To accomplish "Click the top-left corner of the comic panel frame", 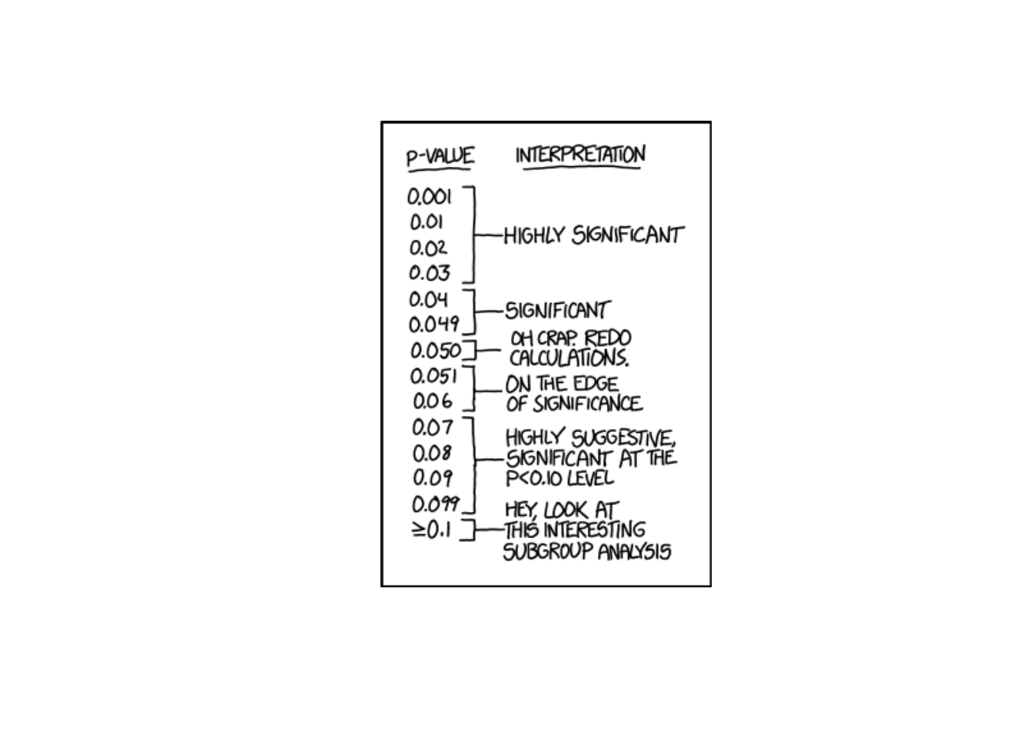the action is tap(382, 122).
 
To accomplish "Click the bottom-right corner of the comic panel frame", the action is tap(710, 586).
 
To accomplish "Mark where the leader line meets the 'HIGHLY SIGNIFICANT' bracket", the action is tap(474, 235).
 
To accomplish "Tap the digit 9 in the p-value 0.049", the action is tap(453, 324).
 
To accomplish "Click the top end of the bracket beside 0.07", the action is tap(463, 418).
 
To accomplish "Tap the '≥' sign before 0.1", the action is tap(419, 530).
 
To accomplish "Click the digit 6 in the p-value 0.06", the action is tap(446, 401).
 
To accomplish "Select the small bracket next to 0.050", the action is tap(470, 350).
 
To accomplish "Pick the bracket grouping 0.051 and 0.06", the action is tap(469, 388).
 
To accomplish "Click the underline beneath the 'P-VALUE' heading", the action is tap(439, 170).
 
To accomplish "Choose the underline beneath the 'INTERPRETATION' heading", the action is tap(582, 168).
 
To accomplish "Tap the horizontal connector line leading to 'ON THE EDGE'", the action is tap(488, 391).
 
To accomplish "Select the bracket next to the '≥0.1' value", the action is tap(469, 530).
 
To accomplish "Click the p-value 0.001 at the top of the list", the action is tap(430, 197).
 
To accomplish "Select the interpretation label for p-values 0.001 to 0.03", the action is tap(594, 235).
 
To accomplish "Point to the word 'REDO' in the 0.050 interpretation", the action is tap(607, 338).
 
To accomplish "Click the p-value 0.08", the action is tap(432, 454).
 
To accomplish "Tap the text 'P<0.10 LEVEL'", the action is tap(560, 478).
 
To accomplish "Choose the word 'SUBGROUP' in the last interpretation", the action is tap(548, 552).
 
